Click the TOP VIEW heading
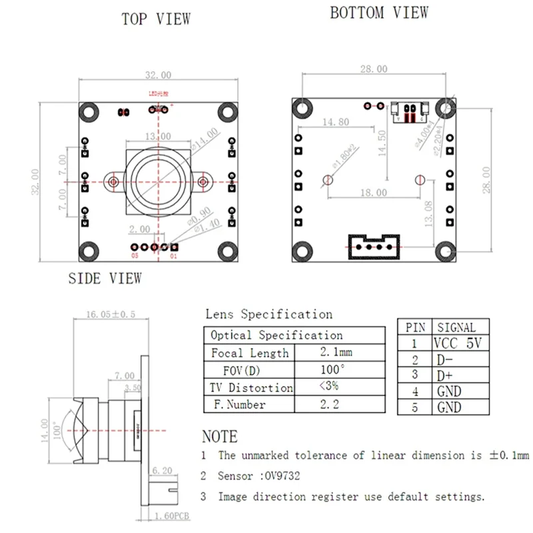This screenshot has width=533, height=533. (156, 19)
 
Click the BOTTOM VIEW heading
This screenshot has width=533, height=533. (379, 12)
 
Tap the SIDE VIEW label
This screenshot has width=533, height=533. (105, 278)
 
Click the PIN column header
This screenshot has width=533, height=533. (415, 327)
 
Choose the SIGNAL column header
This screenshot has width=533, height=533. (456, 327)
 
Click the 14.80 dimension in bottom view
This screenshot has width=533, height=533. (335, 122)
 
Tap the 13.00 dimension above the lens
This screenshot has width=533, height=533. (157, 136)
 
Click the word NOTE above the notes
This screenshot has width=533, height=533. (219, 437)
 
